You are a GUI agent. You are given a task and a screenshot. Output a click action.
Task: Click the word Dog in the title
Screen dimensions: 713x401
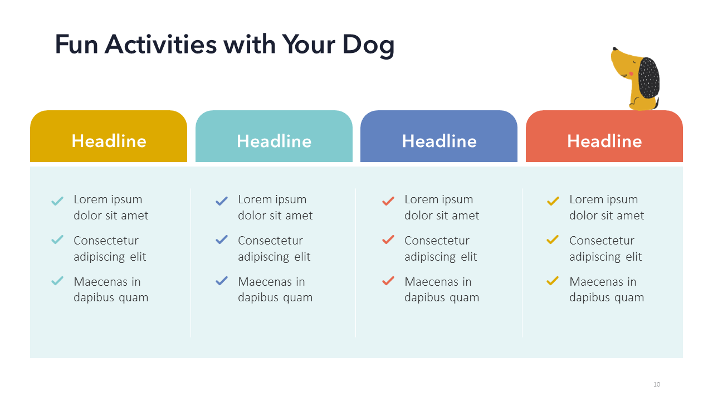point(368,46)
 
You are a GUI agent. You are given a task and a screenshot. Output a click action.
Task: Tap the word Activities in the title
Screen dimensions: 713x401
point(161,44)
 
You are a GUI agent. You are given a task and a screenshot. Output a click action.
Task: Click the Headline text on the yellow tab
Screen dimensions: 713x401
point(109,141)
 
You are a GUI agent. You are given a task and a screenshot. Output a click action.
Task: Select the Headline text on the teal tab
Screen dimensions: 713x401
point(274,141)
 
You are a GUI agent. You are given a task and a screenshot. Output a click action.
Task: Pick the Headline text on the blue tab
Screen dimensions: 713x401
point(439,141)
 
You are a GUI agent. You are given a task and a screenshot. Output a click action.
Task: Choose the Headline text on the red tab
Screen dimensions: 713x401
point(604,141)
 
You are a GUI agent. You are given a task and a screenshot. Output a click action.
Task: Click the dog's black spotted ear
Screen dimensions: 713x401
point(649,77)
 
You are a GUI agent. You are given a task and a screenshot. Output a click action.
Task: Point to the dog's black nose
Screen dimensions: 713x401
point(614,49)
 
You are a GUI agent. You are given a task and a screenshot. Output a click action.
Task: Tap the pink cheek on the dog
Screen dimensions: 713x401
point(631,74)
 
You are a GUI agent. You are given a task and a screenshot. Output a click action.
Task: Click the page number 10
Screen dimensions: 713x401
point(657,384)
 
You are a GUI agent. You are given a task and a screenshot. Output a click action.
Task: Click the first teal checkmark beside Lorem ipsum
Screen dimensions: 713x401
point(57,201)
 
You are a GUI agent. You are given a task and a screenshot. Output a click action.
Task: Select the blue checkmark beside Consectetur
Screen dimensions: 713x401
point(222,239)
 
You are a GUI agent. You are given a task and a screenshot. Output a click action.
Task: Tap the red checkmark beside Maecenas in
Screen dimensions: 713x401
point(388,281)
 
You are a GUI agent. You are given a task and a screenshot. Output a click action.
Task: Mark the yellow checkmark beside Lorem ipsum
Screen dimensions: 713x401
point(553,201)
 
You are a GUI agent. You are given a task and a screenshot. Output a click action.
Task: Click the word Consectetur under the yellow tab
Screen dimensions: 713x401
point(106,241)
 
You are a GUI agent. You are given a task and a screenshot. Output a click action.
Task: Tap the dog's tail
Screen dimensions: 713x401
point(656,103)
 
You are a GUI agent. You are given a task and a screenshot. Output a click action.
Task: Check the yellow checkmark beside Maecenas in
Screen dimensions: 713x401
point(553,281)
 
